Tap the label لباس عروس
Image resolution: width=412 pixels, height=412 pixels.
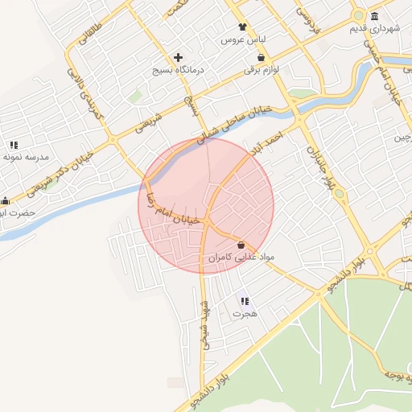(244, 39)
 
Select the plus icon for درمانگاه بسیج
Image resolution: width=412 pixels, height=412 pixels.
(179, 58)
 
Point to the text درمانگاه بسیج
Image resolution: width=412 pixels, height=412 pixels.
(179, 71)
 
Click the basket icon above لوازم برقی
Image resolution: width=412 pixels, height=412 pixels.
(262, 58)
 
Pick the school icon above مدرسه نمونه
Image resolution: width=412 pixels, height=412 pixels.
(14, 145)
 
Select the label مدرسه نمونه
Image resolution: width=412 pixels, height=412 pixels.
(26, 157)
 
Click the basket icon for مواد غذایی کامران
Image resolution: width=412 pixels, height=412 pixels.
(241, 244)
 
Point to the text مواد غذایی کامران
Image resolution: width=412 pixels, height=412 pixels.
(241, 257)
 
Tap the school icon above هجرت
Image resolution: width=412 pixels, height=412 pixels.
(243, 301)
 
